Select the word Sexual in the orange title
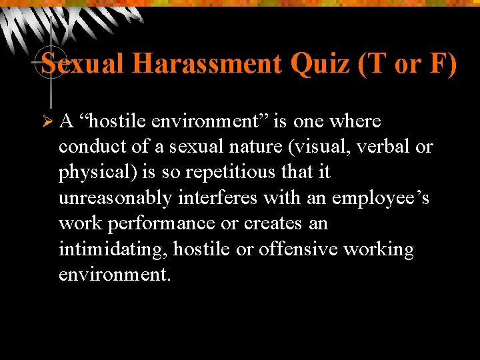(83, 64)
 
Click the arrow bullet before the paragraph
(46, 121)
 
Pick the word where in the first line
(355, 121)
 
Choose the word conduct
(85, 147)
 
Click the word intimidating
(113, 249)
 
